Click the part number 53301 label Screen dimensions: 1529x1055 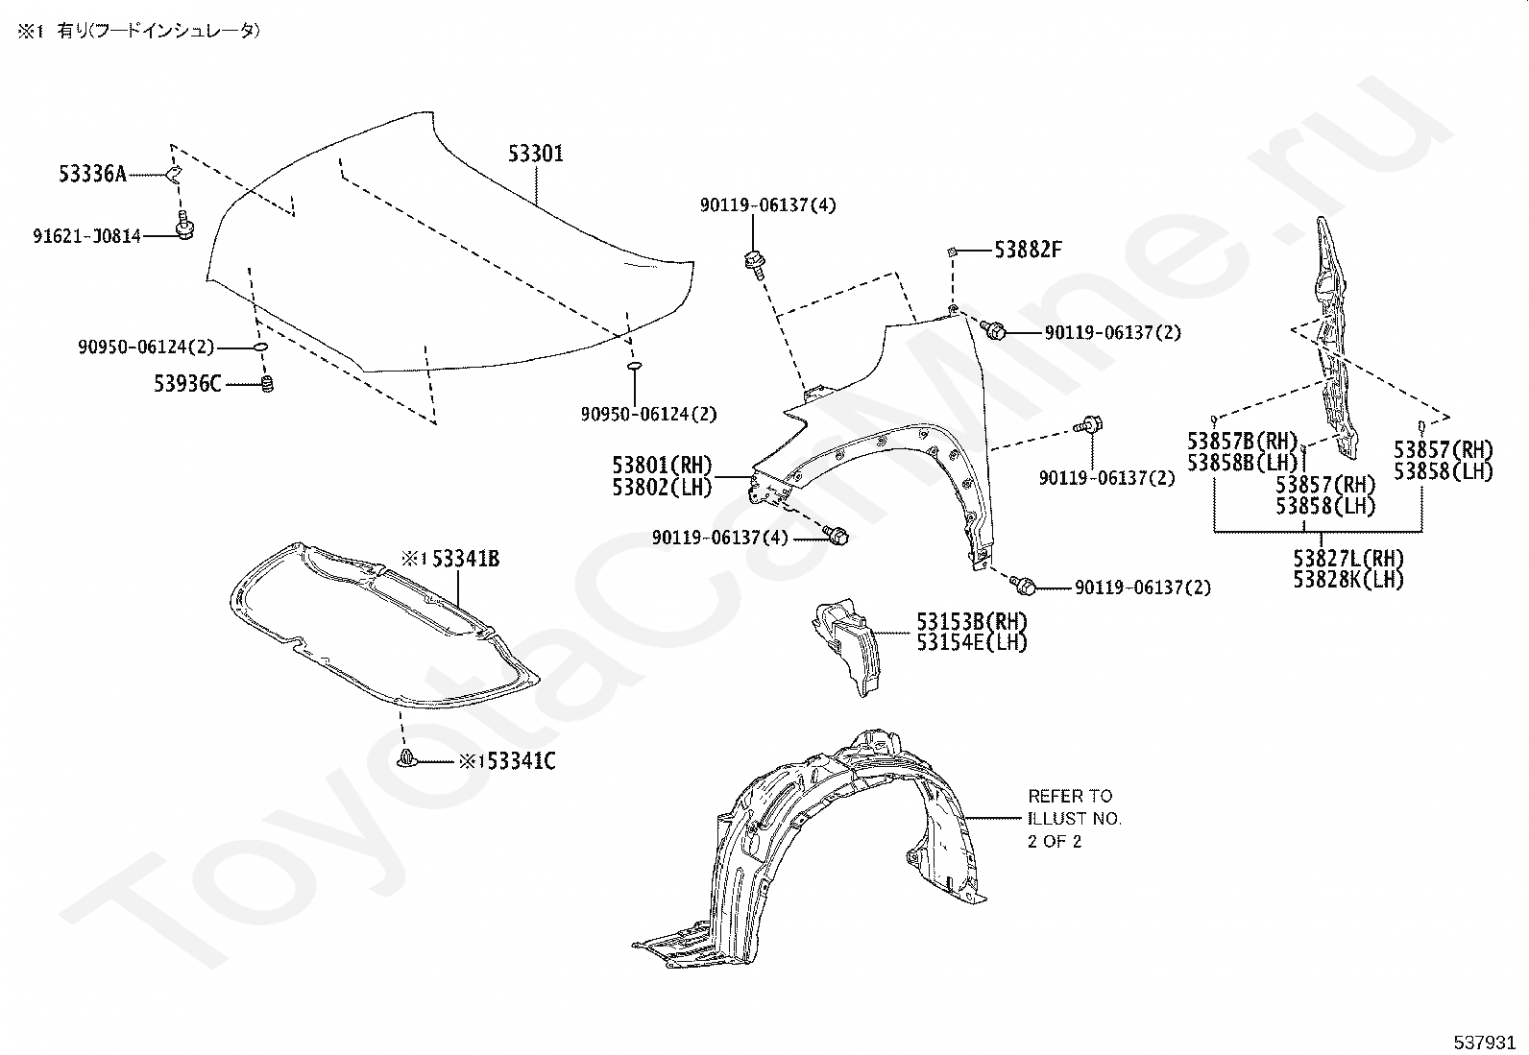coord(536,154)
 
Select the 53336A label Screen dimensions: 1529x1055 coord(93,174)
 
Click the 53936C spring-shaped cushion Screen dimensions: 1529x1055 coord(268,384)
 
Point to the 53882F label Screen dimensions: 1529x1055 coord(1028,250)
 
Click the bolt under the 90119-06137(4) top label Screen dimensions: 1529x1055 coord(754,263)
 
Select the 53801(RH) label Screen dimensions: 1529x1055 coord(662,465)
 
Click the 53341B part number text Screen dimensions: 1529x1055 coord(466,559)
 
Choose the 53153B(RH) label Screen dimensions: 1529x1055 coord(971,621)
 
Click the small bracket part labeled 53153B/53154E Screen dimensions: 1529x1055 coord(846,645)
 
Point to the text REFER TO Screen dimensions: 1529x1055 coord(1070,796)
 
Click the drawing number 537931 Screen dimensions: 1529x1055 coord(1484,1043)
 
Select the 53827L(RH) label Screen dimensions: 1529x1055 coord(1348,558)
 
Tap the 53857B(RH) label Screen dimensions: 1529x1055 coord(1243,441)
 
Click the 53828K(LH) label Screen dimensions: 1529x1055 coord(1348,580)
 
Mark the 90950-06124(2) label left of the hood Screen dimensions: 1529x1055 coord(146,348)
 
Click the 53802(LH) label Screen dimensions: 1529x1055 coord(662,487)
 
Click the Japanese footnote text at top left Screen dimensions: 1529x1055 coord(138,31)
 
